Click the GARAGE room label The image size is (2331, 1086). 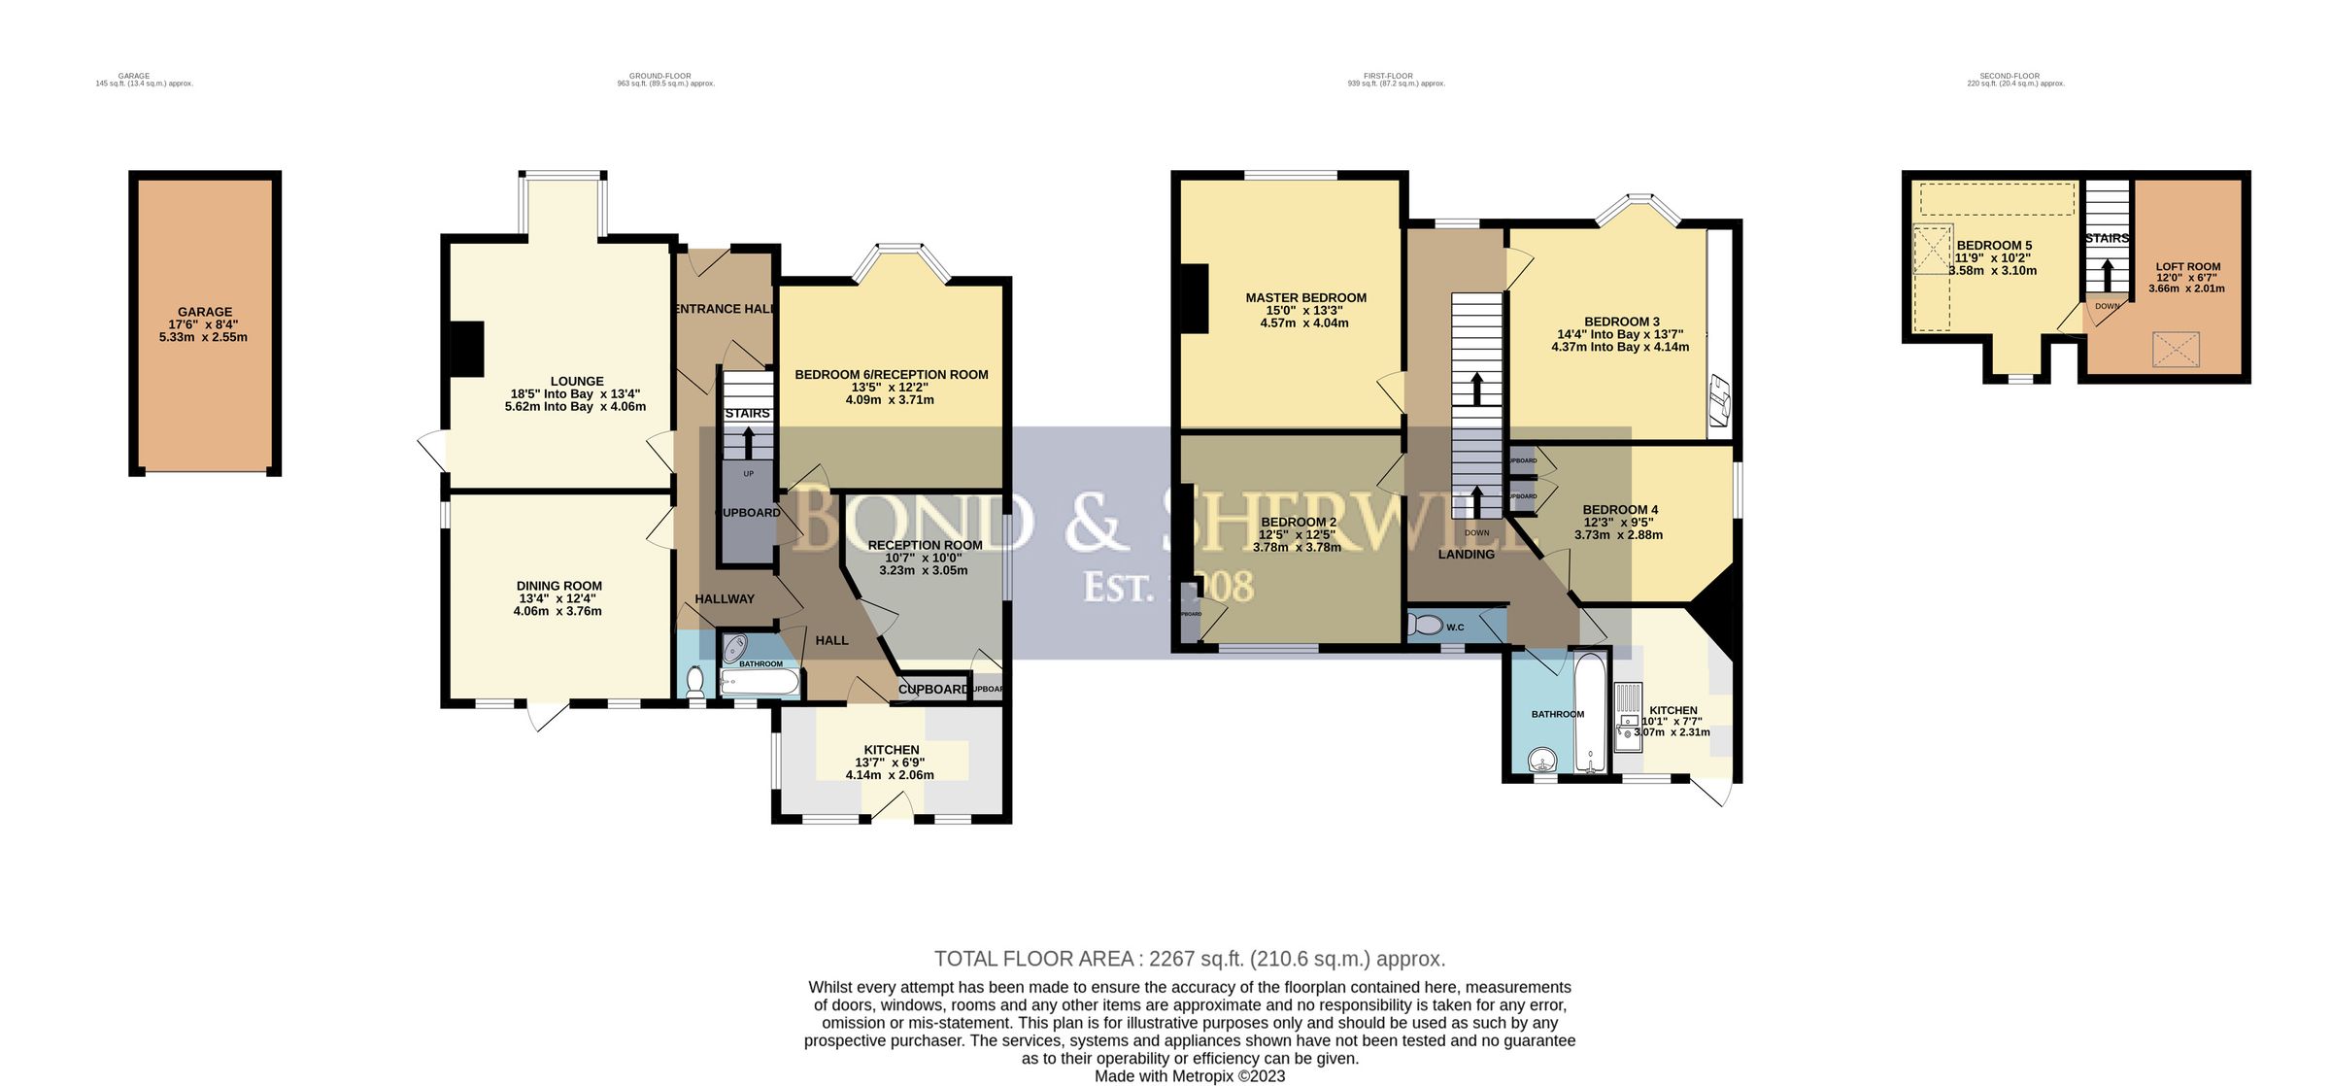pos(205,312)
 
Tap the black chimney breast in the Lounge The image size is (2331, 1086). pos(469,348)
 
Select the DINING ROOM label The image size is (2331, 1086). pos(558,586)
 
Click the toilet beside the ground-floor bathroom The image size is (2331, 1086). pos(694,683)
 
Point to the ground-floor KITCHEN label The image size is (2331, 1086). pos(891,750)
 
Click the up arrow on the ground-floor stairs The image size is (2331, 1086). pos(748,443)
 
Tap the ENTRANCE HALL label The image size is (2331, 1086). pos(725,309)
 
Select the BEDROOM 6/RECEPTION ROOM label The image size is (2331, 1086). pos(891,375)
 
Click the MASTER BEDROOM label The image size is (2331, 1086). pos(1305,298)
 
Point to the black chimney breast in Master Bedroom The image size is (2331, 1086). pos(1192,299)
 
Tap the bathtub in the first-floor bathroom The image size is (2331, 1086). pos(1590,714)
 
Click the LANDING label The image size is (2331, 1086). pos(1466,555)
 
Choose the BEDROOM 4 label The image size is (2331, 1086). pos(1620,510)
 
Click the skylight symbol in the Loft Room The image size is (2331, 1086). pos(2176,349)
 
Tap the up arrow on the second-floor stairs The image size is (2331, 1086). pos(2107,273)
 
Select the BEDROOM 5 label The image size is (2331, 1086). pos(1994,246)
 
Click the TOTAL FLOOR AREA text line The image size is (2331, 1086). pos(1189,959)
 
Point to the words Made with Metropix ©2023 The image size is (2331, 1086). pos(1189,1076)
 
